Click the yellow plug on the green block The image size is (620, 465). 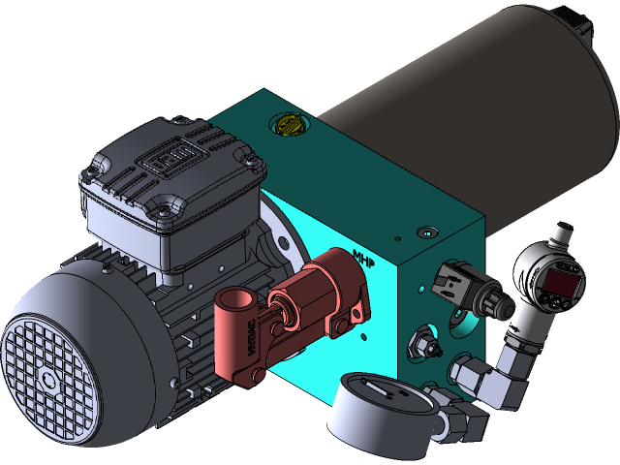[x=290, y=125]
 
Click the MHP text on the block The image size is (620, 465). [x=364, y=260]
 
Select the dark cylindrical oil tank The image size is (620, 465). [x=465, y=107]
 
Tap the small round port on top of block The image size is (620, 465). [x=424, y=232]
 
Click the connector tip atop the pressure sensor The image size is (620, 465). [x=562, y=232]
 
